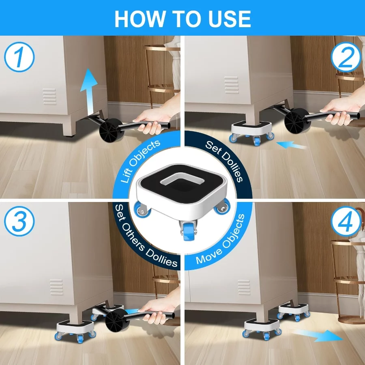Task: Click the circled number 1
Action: click(19, 57)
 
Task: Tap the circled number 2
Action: click(346, 57)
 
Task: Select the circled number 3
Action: click(19, 221)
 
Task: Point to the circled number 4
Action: click(346, 221)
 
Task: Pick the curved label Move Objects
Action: click(221, 240)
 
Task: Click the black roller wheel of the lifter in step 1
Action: click(111, 130)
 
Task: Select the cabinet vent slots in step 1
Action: click(49, 97)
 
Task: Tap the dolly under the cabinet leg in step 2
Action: click(252, 131)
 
